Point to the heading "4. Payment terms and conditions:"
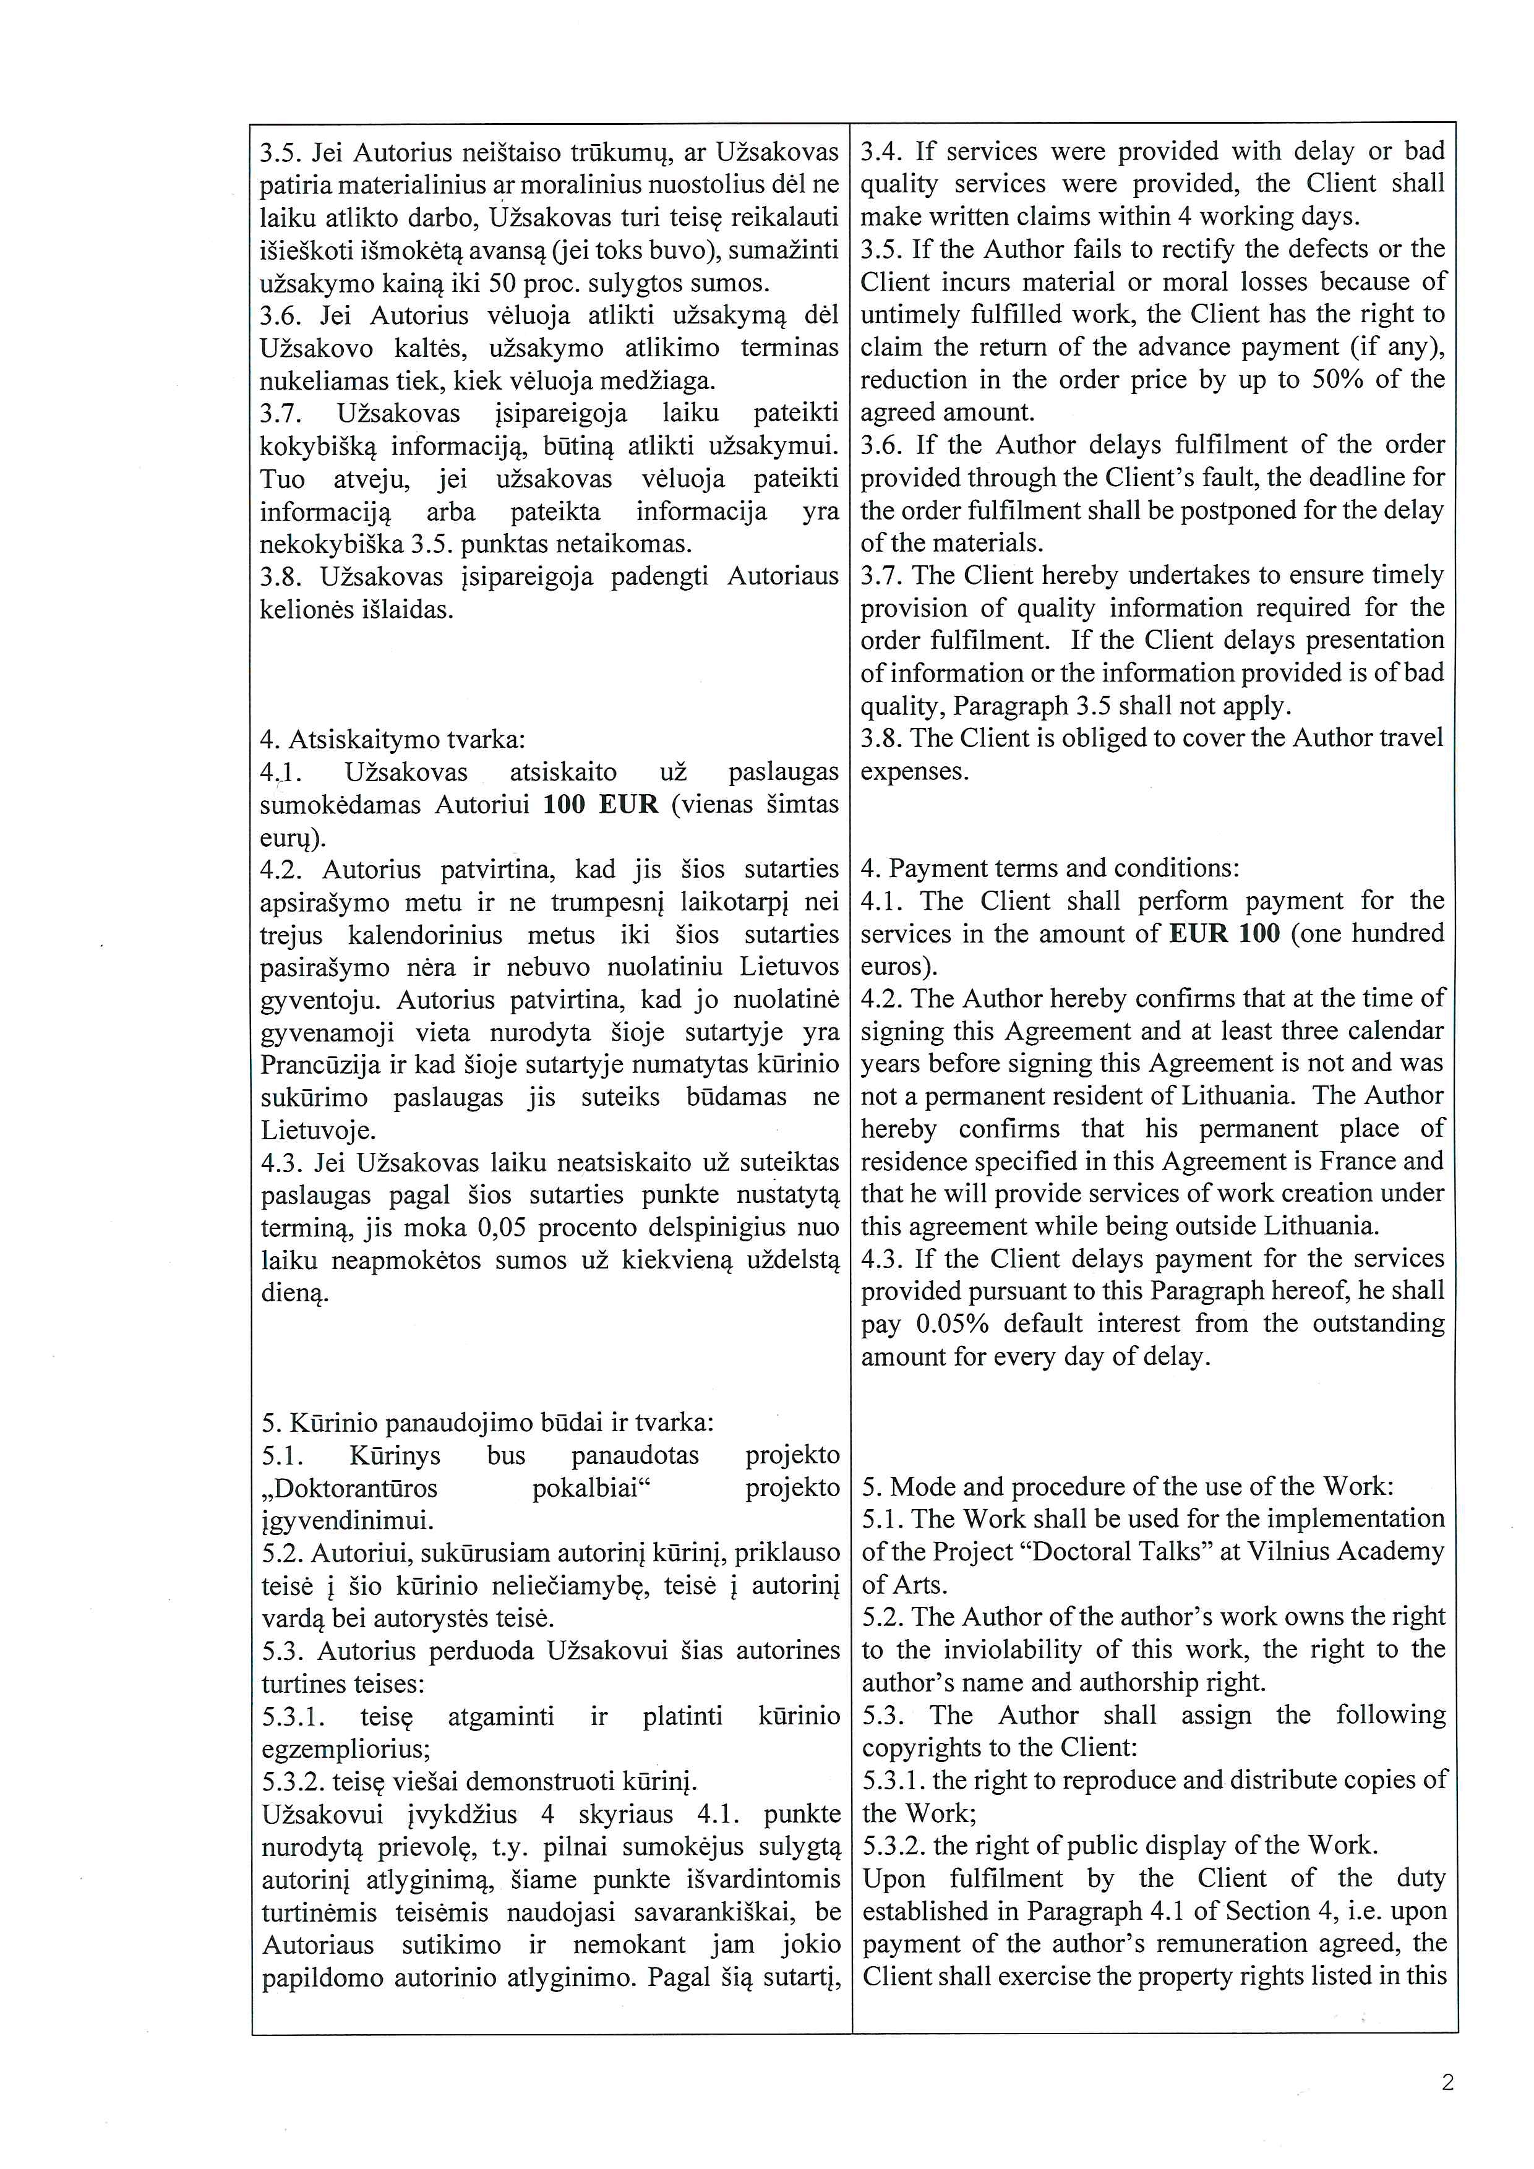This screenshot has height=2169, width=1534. [1050, 868]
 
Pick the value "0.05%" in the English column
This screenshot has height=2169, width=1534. [952, 1324]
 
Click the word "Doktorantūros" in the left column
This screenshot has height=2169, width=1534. [349, 1488]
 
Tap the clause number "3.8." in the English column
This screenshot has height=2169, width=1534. [880, 738]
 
